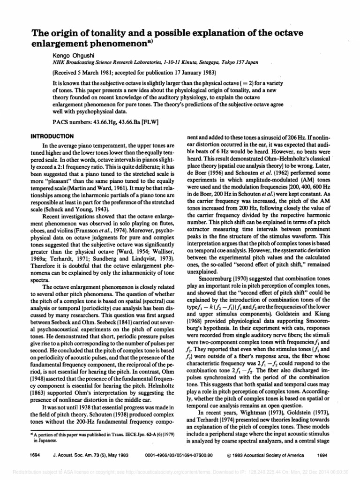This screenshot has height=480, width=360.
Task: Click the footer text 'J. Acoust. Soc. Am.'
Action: pyautogui.click(x=73, y=455)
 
